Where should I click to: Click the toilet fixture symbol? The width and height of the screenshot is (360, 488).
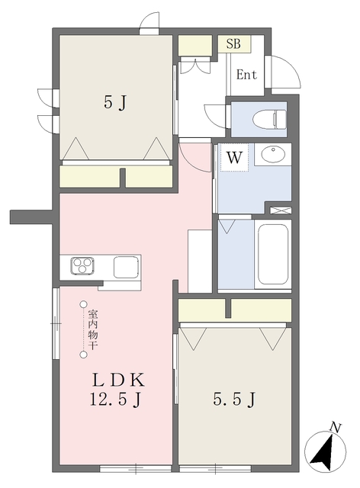pos(269,119)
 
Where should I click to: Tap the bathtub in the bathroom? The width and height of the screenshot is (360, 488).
pos(272,254)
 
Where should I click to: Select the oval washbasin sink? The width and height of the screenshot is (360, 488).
pos(273,154)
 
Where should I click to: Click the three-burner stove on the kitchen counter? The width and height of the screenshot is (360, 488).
pos(82,266)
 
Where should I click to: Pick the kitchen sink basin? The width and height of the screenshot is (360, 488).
pos(126,267)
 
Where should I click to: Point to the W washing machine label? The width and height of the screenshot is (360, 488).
pos(234,158)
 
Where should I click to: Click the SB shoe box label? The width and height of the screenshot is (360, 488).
pos(233,44)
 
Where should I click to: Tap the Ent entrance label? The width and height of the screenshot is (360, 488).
pos(246,75)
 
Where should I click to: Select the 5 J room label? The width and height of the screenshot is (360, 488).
pos(115,102)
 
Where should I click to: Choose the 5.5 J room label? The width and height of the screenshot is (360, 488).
pos(234,399)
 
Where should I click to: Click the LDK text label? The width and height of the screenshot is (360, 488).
pos(118,380)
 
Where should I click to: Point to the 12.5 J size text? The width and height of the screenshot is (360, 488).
pos(115,400)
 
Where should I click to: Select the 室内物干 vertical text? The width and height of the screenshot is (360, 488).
pos(93,329)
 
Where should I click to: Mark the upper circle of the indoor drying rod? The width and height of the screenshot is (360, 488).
pos(83,304)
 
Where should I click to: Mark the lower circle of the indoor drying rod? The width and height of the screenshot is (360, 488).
pos(83,355)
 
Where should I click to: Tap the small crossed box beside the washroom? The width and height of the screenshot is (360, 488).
pos(281,210)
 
